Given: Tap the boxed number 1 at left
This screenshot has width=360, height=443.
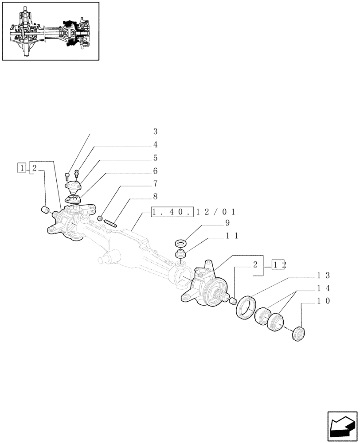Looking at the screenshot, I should coord(21,167).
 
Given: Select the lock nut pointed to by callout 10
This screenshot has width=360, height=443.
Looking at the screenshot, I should coord(300,334).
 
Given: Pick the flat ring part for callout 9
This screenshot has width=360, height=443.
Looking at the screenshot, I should coord(181,244).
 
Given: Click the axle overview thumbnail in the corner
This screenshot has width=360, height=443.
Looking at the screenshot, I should coord(50,31).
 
